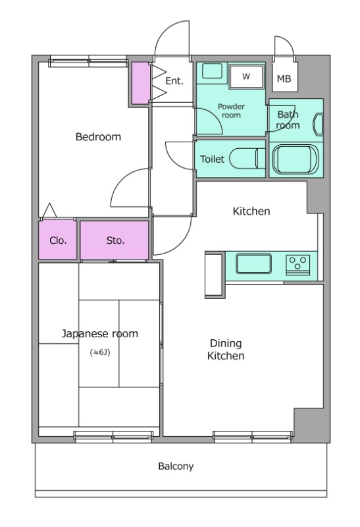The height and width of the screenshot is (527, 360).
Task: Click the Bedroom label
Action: point(98,137)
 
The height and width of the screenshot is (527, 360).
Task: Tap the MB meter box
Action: point(284,76)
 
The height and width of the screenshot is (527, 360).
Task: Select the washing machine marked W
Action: point(246,76)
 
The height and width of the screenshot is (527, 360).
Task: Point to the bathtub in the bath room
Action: point(296,159)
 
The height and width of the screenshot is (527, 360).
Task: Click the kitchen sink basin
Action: point(253,264)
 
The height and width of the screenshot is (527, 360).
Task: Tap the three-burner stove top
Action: point(297,265)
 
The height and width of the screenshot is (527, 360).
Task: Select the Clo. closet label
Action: point(58,240)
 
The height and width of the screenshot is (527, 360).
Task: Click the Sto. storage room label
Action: point(116,240)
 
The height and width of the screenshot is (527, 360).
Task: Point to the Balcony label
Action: point(176,466)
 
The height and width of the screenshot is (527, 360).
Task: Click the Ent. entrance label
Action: point(174,81)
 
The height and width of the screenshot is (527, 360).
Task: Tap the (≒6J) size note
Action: point(100,352)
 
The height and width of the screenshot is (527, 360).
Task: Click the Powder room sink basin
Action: point(212,71)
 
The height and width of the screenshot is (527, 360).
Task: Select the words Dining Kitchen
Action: point(226,350)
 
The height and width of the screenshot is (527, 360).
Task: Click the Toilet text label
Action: point(212,159)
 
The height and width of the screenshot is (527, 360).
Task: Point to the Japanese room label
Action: point(100,334)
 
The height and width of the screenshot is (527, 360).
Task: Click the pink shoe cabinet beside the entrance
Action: point(140,83)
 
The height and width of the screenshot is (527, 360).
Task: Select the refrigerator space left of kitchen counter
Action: point(215,274)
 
